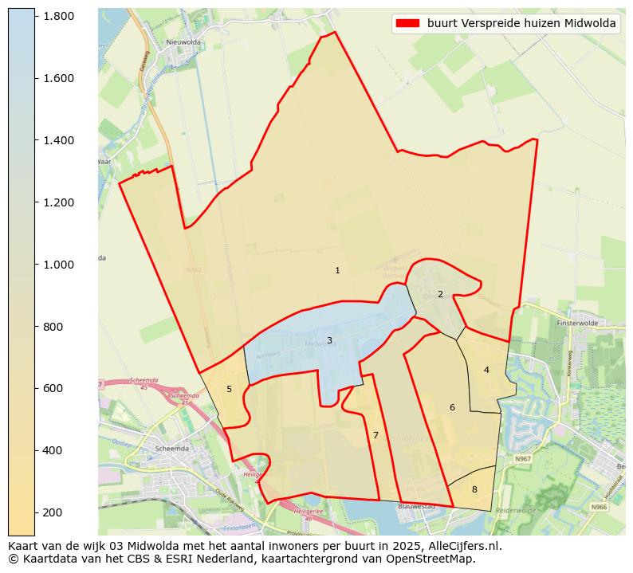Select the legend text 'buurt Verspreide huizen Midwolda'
[x=521, y=24]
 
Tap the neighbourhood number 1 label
[x=337, y=271]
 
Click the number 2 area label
[x=440, y=294]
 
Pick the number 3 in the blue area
[x=329, y=341]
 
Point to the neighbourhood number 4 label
[x=486, y=370]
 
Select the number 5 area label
[x=229, y=389]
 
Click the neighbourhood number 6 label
[x=452, y=407]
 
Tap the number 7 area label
[x=375, y=435]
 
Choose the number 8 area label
[x=474, y=489]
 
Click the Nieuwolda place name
[x=182, y=43]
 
